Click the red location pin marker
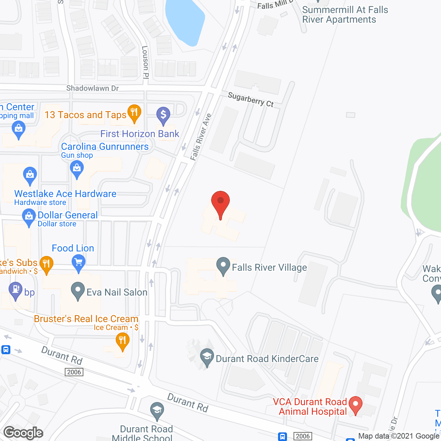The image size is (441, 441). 220,203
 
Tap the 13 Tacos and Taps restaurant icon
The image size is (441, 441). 134,113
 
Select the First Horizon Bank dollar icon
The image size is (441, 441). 163,115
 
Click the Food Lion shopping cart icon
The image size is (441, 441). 79,263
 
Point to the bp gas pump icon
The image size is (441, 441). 16,290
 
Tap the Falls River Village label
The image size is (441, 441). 269,268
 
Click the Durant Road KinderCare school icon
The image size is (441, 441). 207,357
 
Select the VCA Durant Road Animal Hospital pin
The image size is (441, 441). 355,404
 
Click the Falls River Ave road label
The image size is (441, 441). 201,137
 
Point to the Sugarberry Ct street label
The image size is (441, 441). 250,100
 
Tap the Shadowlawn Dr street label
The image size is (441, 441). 92,88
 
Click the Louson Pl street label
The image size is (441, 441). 145,62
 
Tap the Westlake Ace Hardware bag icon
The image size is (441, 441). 30,175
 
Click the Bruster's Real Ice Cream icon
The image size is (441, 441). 122,341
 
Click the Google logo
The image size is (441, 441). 23,433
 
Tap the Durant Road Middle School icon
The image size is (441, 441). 157,411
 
